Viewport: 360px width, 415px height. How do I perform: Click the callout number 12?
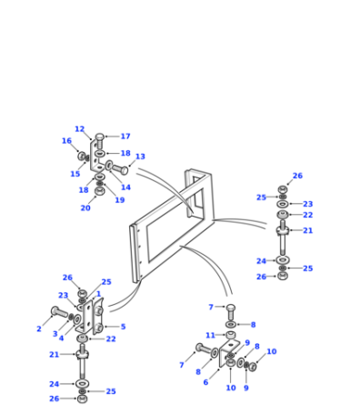80,129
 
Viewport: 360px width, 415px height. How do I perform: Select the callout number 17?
125,137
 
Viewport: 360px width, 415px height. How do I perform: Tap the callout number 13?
140,157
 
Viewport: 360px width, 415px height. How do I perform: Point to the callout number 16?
66,141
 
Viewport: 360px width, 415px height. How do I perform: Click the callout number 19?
120,200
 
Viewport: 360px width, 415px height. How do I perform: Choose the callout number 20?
85,208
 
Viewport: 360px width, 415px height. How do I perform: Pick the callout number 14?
125,187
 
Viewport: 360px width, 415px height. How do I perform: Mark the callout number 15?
75,174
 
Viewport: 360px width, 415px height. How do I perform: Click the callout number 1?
98,294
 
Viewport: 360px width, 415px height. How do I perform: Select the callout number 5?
123,327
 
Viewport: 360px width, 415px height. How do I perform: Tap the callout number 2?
39,329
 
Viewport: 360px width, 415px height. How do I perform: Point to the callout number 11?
210,336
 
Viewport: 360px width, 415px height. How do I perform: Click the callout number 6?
205,382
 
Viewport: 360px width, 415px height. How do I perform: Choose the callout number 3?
55,334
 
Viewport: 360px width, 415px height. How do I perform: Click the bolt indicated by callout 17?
100,140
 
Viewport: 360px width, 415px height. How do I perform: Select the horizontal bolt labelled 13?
120,169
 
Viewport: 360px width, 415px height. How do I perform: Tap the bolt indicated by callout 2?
60,312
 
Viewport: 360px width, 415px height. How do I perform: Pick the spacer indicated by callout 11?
231,335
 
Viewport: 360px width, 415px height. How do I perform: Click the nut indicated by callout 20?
100,191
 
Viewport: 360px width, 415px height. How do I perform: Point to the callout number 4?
61,339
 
